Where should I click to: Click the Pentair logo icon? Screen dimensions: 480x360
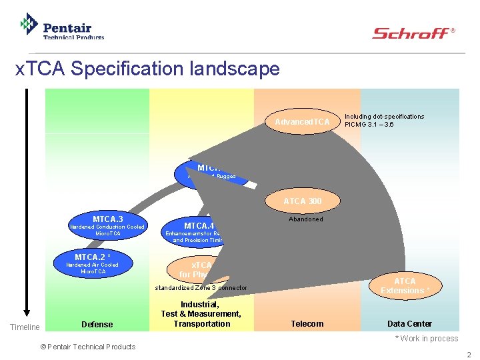pos(28,25)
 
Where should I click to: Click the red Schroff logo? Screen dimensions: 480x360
pos(413,33)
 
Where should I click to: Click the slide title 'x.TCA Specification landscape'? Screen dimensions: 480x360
pos(147,69)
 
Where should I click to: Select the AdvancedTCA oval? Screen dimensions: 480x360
pos(302,121)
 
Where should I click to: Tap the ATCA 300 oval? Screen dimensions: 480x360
pos(302,201)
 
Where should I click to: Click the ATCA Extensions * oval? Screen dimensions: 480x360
pos(405,285)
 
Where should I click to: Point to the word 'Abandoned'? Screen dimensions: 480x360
pos(305,219)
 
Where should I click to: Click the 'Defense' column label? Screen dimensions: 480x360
pos(97,324)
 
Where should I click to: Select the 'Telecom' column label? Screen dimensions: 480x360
pos(307,324)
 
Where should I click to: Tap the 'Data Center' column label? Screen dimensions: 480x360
pos(409,324)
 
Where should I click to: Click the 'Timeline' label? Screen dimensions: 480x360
pos(25,327)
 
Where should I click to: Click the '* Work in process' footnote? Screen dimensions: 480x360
pos(426,339)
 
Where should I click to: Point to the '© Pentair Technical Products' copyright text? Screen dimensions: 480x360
pos(88,346)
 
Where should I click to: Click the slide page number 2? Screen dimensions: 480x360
pos(469,354)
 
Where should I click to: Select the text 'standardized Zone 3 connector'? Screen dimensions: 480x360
pos(201,288)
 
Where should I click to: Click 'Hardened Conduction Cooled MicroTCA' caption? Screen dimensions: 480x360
pos(107,231)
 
